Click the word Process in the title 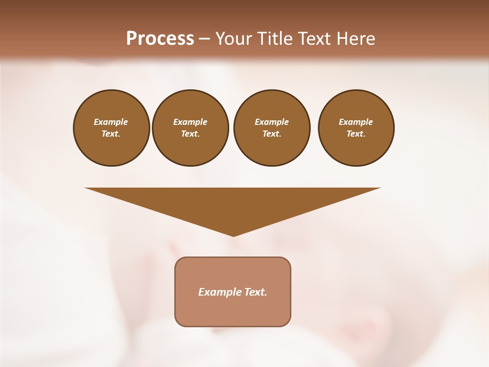[160, 39]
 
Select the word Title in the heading [275, 39]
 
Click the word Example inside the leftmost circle [111, 122]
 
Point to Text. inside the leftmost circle [111, 134]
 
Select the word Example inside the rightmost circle [356, 122]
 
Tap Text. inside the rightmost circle [356, 134]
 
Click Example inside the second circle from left [190, 122]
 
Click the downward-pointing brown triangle [233, 204]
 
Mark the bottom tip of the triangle [233, 235]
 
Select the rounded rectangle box [233, 311]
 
